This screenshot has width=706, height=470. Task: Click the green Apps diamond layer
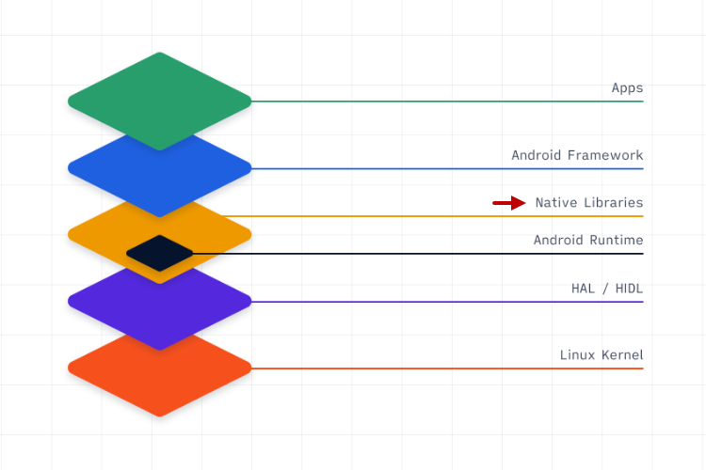click(160, 94)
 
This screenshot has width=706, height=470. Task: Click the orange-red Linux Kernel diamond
click(160, 376)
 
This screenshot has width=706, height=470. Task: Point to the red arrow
click(509, 202)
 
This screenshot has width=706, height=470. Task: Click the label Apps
click(627, 88)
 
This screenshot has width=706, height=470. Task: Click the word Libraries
click(613, 202)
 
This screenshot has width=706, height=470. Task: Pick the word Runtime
click(617, 240)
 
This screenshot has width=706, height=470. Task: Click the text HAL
click(584, 289)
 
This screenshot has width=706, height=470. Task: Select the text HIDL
click(628, 289)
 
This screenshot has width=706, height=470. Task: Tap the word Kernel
click(621, 355)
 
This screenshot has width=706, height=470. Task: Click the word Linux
click(577, 355)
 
